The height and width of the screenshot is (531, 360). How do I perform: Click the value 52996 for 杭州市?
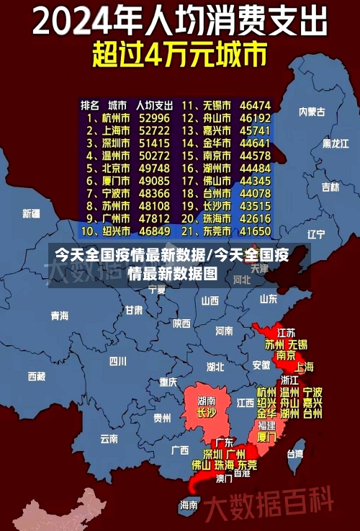click(x=155, y=117)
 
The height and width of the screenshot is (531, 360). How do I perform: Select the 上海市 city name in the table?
click(x=115, y=130)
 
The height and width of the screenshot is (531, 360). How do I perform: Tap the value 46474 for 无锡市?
click(x=256, y=105)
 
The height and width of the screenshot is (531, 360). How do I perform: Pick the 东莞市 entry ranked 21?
click(x=217, y=231)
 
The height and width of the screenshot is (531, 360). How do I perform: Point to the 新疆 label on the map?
click(x=32, y=213)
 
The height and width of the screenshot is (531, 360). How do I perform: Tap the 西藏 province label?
click(x=37, y=376)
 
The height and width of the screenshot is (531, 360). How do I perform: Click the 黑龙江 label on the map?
click(x=336, y=143)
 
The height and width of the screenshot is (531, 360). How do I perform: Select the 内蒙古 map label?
click(x=312, y=112)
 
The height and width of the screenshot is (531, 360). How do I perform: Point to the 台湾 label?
click(x=295, y=454)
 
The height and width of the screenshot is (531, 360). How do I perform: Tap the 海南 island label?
click(x=189, y=505)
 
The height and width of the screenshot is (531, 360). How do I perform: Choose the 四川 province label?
click(x=118, y=361)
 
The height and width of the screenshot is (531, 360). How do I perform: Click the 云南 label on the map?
click(x=109, y=437)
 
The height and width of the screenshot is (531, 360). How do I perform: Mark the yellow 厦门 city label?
click(x=266, y=437)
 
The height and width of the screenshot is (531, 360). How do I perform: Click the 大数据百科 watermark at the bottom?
click(x=269, y=500)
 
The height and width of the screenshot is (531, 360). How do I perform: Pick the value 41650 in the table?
click(x=256, y=231)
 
